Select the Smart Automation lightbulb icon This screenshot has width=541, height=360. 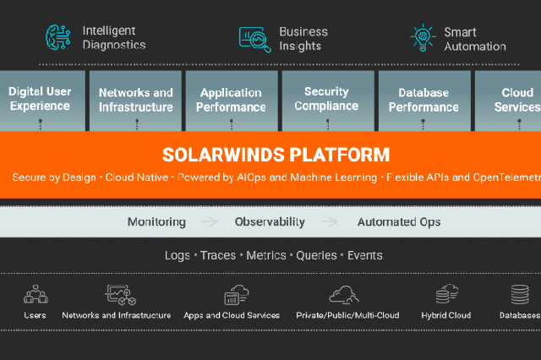pyautogui.click(x=422, y=38)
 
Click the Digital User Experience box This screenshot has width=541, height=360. pyautogui.click(x=39, y=100)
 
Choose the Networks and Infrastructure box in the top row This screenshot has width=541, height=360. pyautogui.click(x=135, y=100)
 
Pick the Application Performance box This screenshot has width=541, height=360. pyautogui.click(x=232, y=100)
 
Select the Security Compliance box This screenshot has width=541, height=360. pyautogui.click(x=326, y=100)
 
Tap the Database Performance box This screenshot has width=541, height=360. pyautogui.click(x=423, y=100)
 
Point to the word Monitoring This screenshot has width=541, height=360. pyautogui.click(x=156, y=222)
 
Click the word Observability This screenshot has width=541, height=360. pyautogui.click(x=270, y=222)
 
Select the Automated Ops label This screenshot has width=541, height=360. pyautogui.click(x=398, y=222)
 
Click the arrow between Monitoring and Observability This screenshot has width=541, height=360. pyautogui.click(x=209, y=222)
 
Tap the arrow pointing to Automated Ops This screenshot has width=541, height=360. pyautogui.click(x=330, y=222)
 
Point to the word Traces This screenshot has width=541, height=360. pyautogui.click(x=218, y=255)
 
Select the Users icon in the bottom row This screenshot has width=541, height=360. pyautogui.click(x=36, y=295)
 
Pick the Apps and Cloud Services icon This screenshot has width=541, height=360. pyautogui.click(x=235, y=295)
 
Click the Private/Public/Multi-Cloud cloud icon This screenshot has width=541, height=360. pyautogui.click(x=343, y=294)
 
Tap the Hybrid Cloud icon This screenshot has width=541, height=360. pyautogui.click(x=446, y=295)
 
